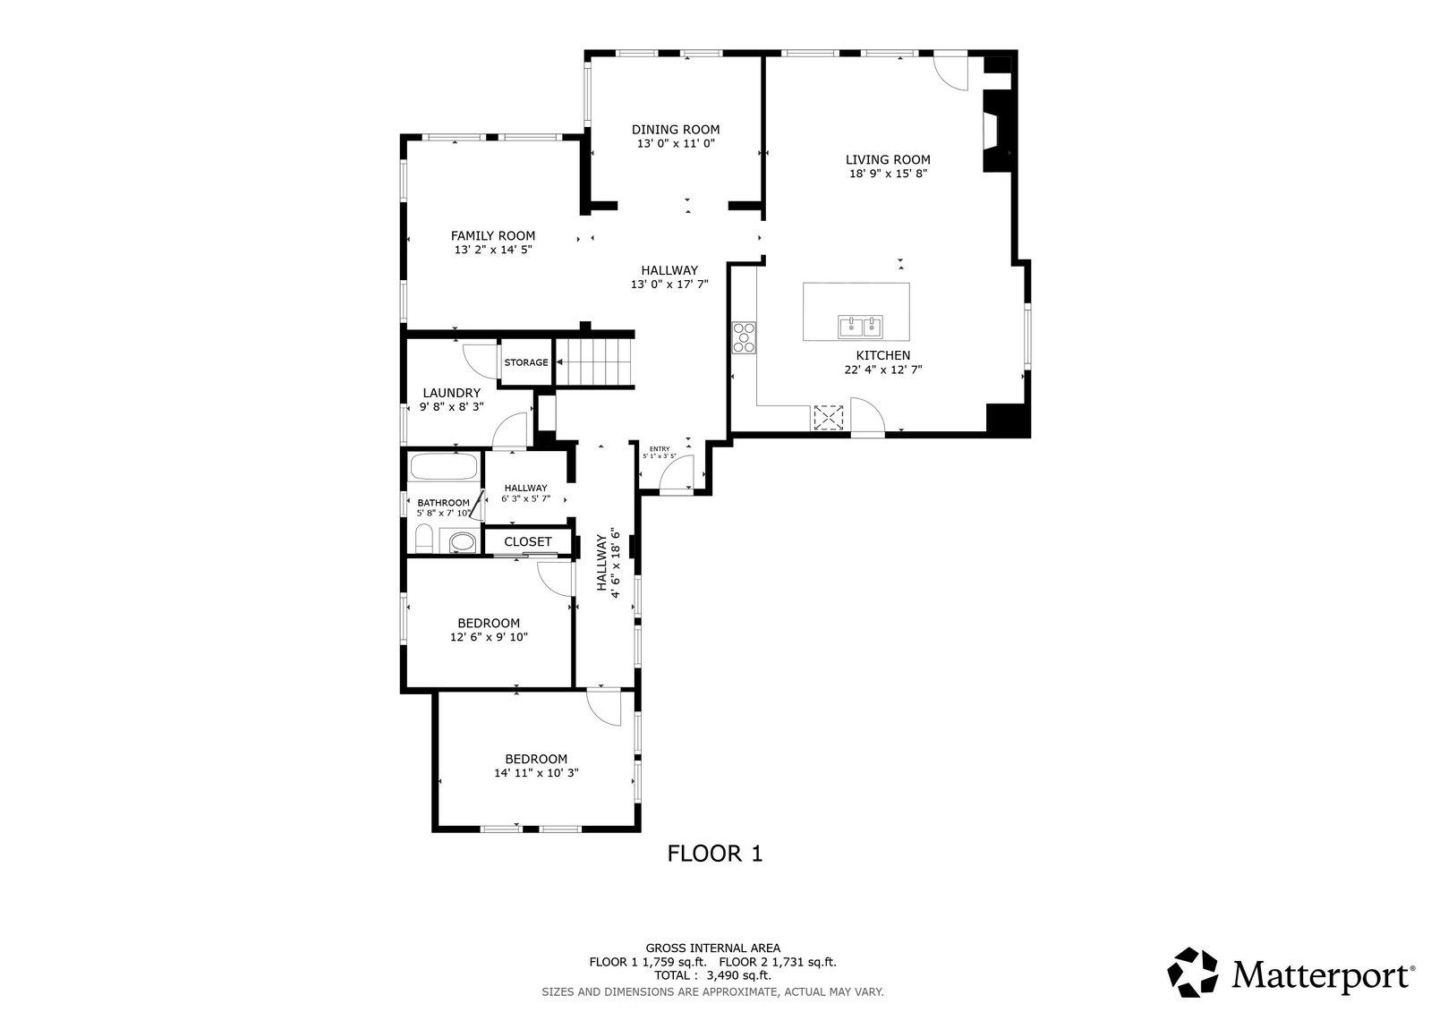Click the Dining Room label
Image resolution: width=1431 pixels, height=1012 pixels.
pyautogui.click(x=676, y=130)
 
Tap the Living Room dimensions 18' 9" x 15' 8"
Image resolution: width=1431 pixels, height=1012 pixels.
pyautogui.click(x=888, y=174)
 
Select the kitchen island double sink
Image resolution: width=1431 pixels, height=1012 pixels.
pyautogui.click(x=861, y=327)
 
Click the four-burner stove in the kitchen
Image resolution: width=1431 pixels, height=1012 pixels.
pyautogui.click(x=744, y=337)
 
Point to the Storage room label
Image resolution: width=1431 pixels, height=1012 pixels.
pyautogui.click(x=526, y=362)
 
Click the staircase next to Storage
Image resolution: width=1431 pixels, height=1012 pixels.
pyautogui.click(x=594, y=362)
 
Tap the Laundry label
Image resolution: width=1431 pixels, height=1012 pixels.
pyautogui.click(x=452, y=393)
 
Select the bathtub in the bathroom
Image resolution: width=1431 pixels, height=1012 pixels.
pyautogui.click(x=444, y=466)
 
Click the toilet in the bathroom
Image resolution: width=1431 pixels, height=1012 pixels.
pyautogui.click(x=424, y=539)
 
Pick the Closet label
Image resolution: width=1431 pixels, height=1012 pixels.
pyautogui.click(x=528, y=541)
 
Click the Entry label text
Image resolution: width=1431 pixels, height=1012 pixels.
pyautogui.click(x=660, y=449)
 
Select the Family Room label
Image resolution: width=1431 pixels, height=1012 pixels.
pyautogui.click(x=493, y=235)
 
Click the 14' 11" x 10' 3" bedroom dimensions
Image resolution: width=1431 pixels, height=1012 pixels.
pyautogui.click(x=537, y=772)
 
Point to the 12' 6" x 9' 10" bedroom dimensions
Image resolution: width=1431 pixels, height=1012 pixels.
pyautogui.click(x=490, y=637)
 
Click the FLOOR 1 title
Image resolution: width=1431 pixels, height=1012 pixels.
pyautogui.click(x=715, y=854)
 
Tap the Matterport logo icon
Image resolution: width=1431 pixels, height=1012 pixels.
pyautogui.click(x=1193, y=972)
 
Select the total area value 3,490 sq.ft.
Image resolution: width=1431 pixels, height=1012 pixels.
pyautogui.click(x=738, y=975)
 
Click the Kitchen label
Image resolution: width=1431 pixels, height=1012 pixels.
pyautogui.click(x=883, y=356)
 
